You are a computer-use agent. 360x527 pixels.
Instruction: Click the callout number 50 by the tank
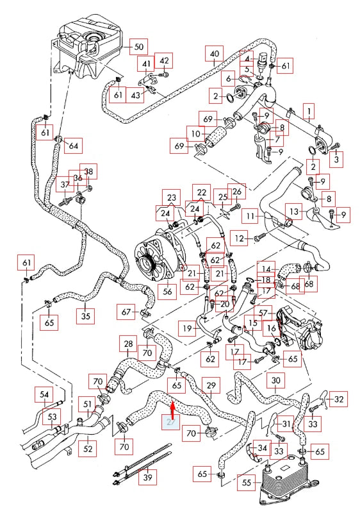click(139, 47)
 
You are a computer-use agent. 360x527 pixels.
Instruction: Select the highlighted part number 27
click(170, 422)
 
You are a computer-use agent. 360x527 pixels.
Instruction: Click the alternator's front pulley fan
click(147, 262)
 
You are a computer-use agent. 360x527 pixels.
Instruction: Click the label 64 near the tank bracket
click(73, 146)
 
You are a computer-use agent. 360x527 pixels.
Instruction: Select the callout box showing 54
click(44, 394)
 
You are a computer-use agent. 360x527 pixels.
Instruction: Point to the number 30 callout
click(275, 381)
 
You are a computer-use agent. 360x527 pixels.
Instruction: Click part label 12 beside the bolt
click(240, 238)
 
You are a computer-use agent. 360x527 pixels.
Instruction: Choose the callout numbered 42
click(164, 61)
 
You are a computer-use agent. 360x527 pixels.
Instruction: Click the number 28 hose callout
click(128, 345)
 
